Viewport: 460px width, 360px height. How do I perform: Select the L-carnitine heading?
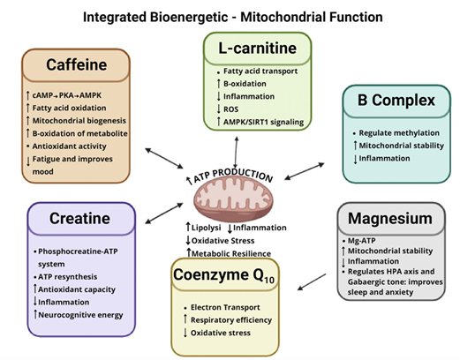coord(255,45)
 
